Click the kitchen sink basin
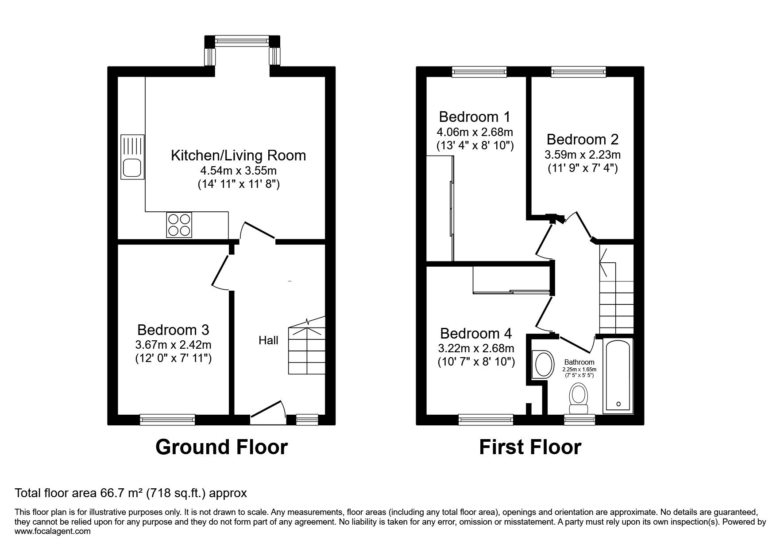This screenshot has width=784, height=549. (x=132, y=168)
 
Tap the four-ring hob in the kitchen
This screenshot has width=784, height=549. (x=178, y=225)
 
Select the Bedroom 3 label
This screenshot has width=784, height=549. (x=173, y=330)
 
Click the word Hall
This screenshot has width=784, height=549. (x=269, y=340)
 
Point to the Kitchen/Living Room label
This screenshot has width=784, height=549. (x=238, y=155)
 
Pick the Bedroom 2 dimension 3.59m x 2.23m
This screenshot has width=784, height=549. (x=583, y=155)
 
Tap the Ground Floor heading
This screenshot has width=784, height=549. (x=221, y=447)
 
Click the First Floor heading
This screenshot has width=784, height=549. (x=530, y=447)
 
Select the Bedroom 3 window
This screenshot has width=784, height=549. (x=167, y=419)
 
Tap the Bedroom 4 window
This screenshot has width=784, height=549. (x=486, y=419)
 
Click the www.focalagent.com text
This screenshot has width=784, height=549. (x=53, y=531)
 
